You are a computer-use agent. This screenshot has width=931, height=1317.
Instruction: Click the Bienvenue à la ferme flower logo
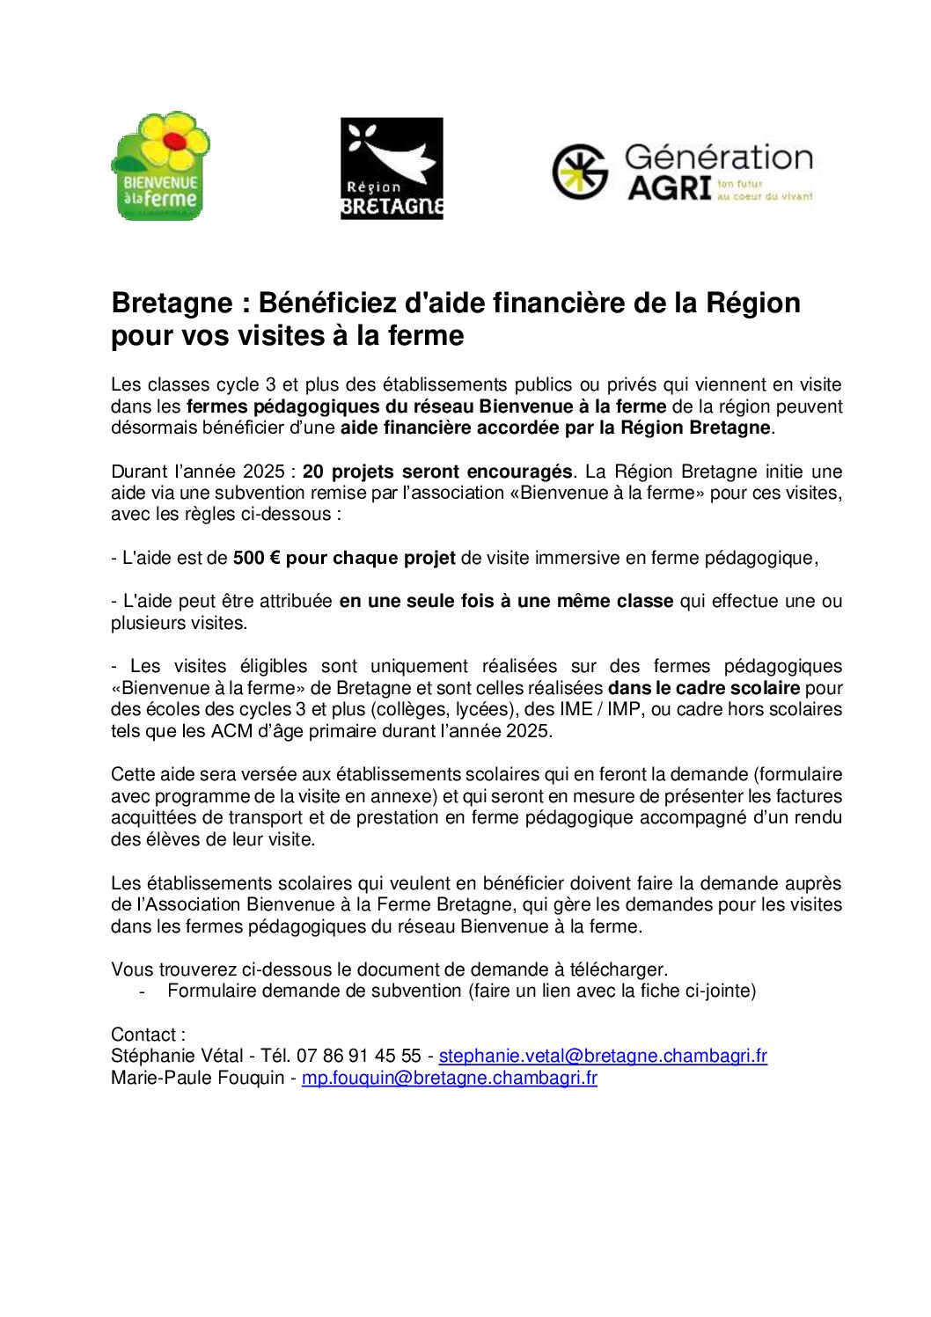coord(160,165)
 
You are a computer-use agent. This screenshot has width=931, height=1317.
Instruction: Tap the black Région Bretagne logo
coord(392,168)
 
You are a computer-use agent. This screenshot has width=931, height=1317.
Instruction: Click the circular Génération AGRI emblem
coord(580,172)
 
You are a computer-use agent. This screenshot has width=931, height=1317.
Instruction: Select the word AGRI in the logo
coord(669,188)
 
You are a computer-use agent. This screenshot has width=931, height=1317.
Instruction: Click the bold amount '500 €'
coord(256,558)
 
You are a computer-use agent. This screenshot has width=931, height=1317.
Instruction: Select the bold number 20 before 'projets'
coord(312,472)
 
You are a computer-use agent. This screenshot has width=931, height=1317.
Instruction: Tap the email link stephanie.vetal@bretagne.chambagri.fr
coord(603,1056)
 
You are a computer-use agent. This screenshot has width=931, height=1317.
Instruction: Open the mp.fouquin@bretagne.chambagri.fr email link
coord(449,1078)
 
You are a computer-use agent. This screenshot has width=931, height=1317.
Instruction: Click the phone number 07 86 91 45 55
coord(358,1056)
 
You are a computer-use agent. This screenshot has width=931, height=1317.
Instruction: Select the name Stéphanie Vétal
coord(177,1056)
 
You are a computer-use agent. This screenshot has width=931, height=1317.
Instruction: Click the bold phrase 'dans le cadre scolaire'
coord(704,688)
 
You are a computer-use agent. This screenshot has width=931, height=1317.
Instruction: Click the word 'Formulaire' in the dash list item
coord(210,991)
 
